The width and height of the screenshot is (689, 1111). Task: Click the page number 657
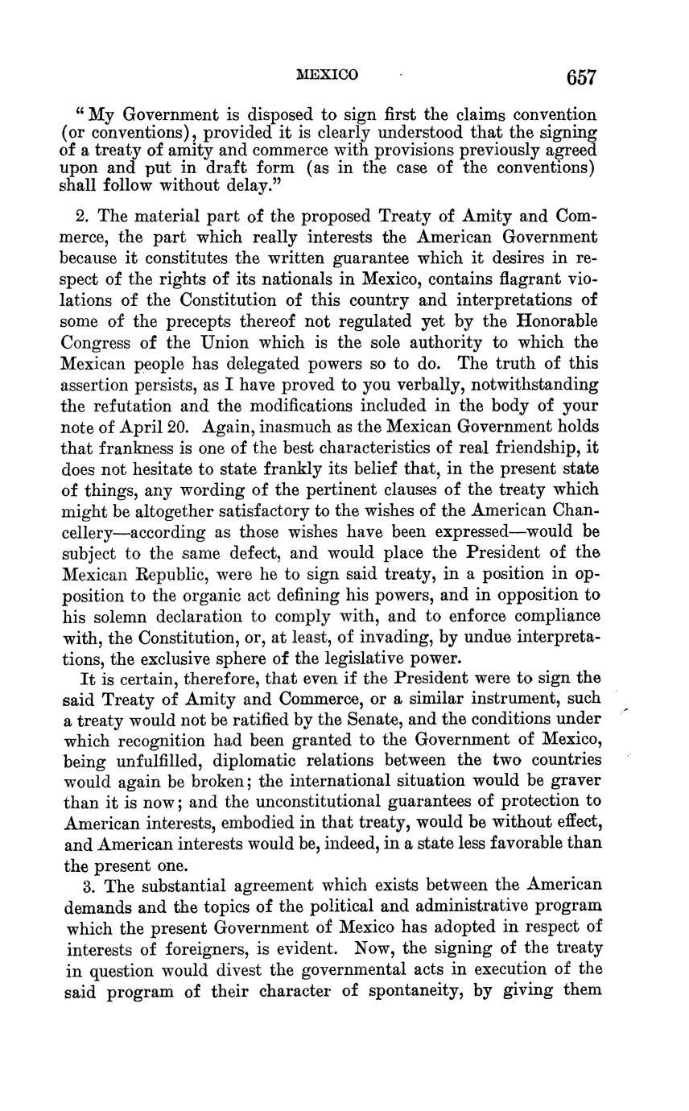[581, 77]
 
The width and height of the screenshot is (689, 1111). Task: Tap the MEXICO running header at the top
[327, 76]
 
